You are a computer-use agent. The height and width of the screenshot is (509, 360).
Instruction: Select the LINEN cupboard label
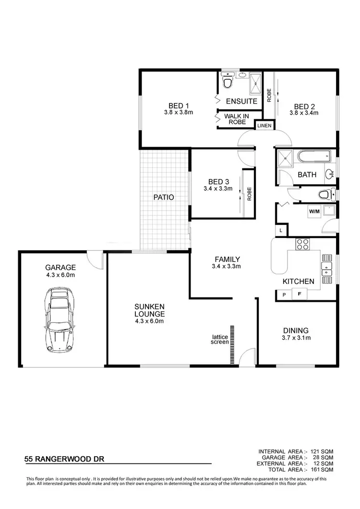(x=264, y=126)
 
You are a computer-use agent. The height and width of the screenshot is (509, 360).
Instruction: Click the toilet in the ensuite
(x=228, y=82)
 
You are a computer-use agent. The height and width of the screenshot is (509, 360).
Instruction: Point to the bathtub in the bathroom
(x=313, y=157)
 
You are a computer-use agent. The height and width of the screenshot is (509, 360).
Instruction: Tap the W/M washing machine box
(x=314, y=211)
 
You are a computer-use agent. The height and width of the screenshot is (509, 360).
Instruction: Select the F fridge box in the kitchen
(x=300, y=294)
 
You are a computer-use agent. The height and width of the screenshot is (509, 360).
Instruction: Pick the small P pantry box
(x=284, y=295)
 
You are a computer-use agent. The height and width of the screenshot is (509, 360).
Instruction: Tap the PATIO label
(x=163, y=197)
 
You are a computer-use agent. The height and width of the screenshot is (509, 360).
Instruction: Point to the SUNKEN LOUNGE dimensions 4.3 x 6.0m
(x=149, y=321)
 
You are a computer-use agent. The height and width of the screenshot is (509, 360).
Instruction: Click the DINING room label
(x=296, y=330)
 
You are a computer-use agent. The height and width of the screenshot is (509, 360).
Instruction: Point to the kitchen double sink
(x=328, y=269)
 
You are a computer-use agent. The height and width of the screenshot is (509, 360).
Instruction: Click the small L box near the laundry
(x=280, y=231)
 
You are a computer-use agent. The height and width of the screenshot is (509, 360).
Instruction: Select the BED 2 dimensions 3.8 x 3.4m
(x=304, y=113)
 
